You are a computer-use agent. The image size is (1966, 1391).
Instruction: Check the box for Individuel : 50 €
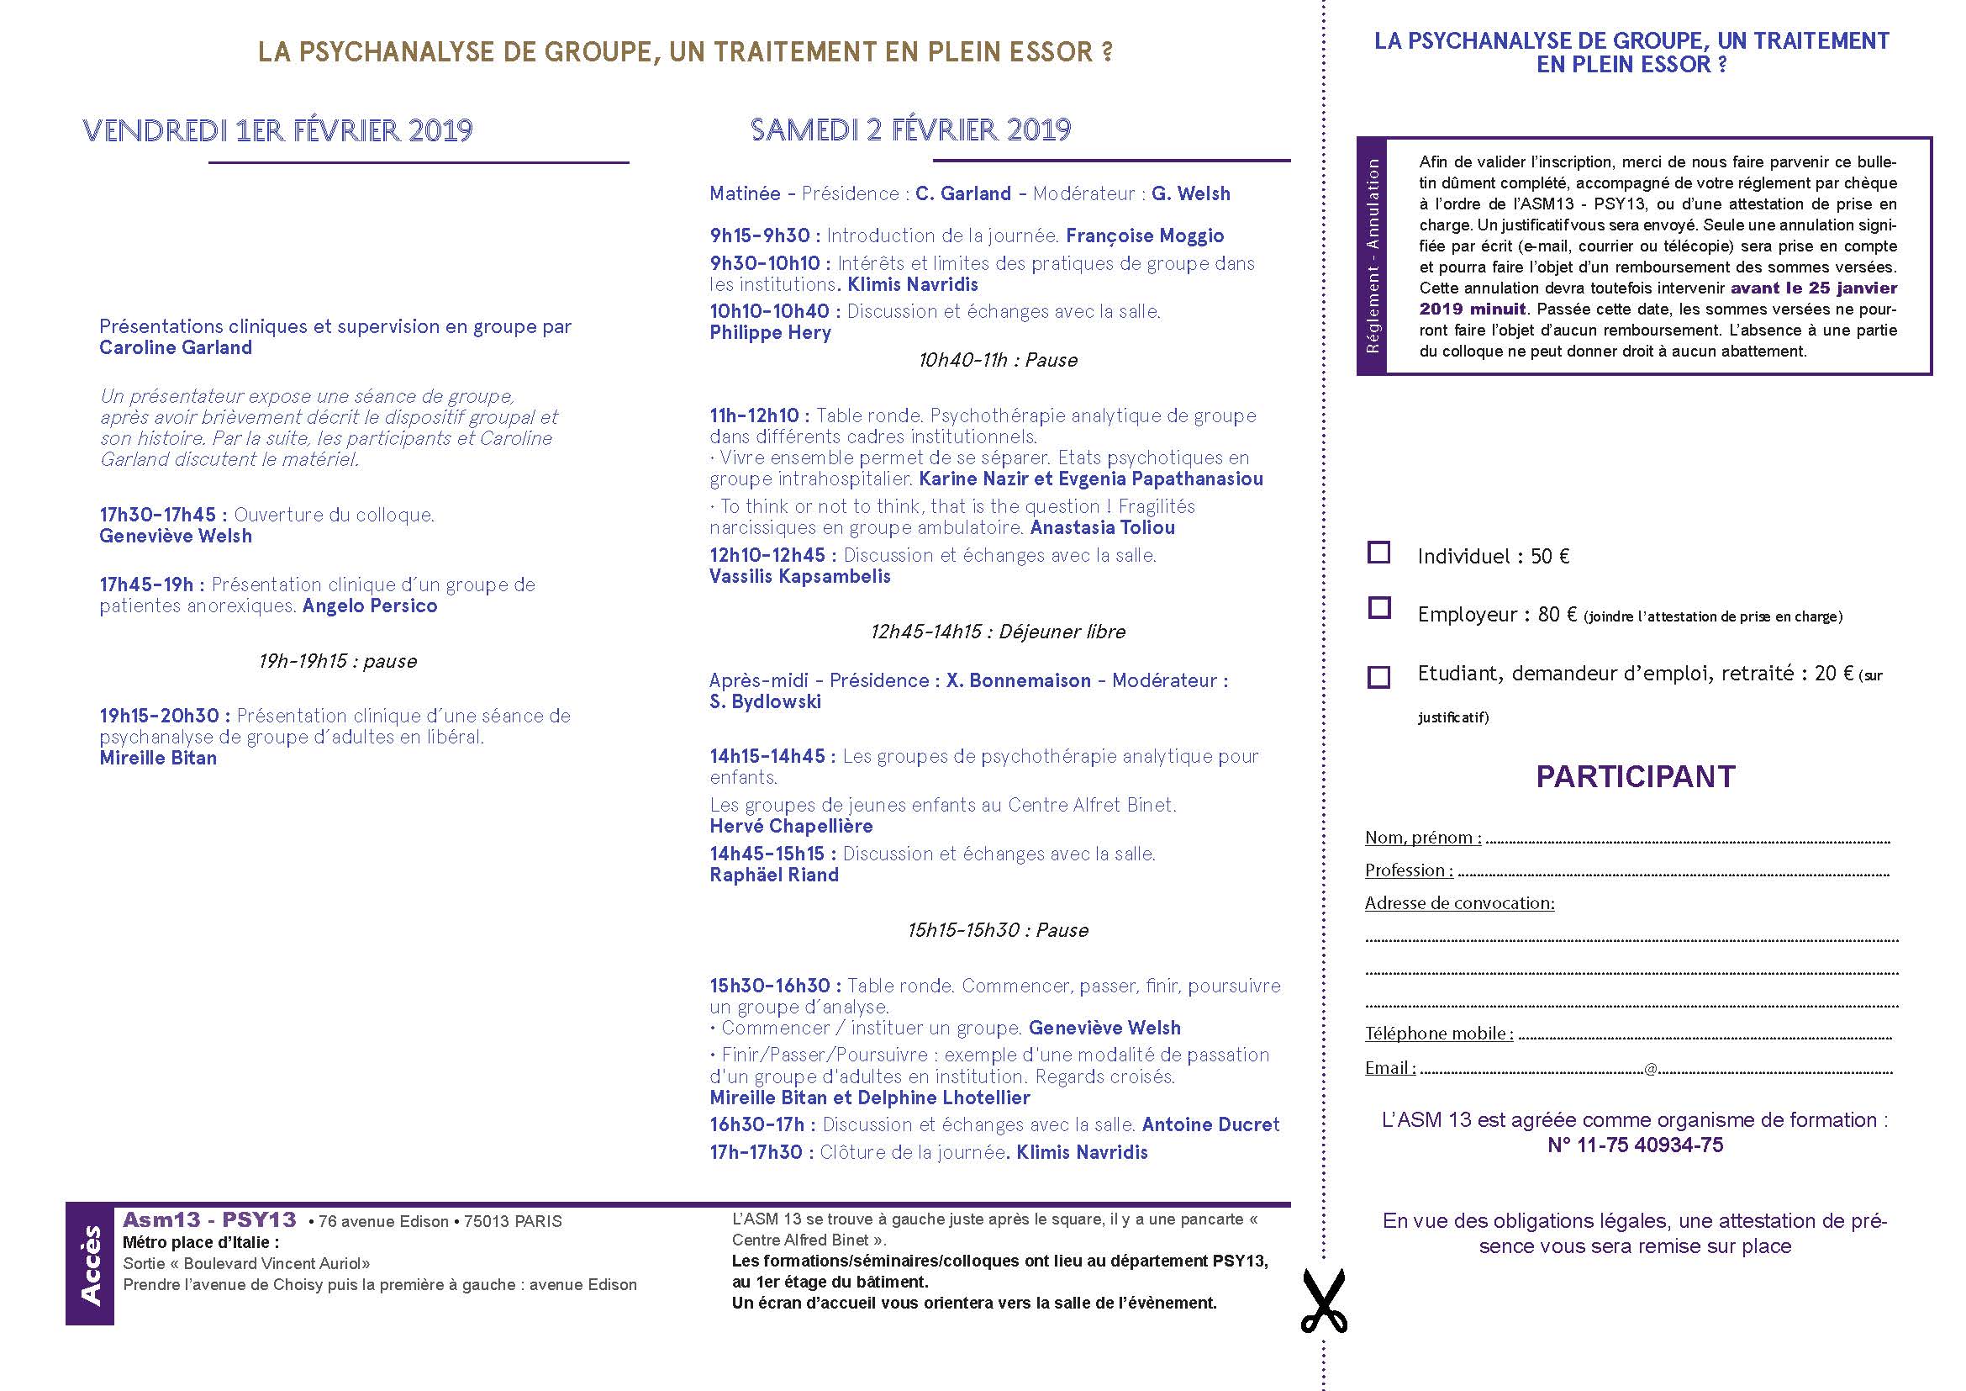tap(1378, 553)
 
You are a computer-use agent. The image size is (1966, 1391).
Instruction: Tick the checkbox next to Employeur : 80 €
tap(1378, 608)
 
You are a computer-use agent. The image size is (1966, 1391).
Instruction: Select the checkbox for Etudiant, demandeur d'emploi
tap(1378, 677)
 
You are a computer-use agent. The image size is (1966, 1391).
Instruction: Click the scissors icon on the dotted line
tap(1323, 1301)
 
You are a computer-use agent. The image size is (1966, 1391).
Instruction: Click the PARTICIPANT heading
tap(1635, 777)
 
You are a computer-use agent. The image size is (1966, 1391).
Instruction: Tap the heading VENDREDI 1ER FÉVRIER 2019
tap(277, 130)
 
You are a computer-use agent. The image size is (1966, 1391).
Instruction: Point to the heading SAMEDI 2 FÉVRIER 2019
tap(910, 130)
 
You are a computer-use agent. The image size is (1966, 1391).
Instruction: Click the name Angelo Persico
tap(370, 606)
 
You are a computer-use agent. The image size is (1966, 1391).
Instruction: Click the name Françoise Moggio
tap(1145, 235)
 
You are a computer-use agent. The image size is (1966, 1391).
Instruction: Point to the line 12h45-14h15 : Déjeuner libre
tap(998, 632)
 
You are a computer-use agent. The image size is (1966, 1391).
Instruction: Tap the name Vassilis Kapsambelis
tap(799, 576)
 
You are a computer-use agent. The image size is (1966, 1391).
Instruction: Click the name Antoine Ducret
tap(1210, 1124)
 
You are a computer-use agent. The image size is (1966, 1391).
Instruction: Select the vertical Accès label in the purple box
tap(90, 1264)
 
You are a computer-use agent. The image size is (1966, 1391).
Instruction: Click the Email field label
tap(1389, 1068)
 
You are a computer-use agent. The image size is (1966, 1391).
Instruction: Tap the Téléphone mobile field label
tap(1438, 1034)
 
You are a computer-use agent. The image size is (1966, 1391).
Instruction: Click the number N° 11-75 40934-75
tap(1635, 1145)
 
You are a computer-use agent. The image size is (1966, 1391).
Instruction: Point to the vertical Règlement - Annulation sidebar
tap(1372, 256)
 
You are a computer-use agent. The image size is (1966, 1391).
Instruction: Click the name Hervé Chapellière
tap(790, 827)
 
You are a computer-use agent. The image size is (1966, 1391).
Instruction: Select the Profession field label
tap(1408, 870)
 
